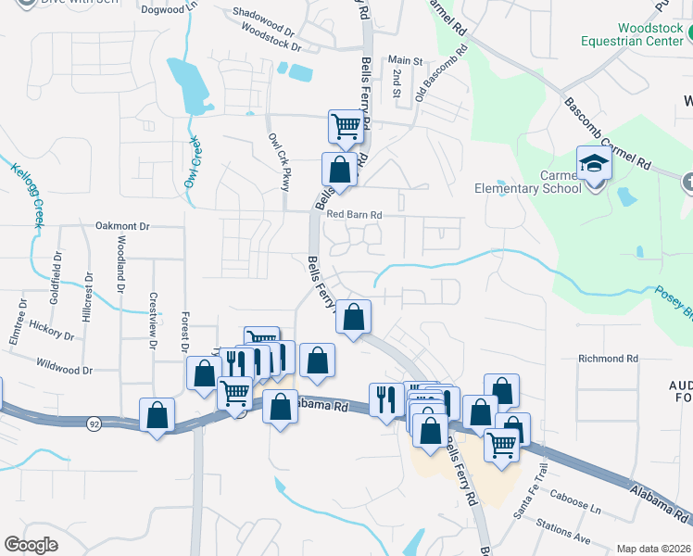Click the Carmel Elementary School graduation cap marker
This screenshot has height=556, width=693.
point(593,165)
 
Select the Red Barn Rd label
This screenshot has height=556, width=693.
point(354,215)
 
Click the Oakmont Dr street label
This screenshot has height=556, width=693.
point(122,226)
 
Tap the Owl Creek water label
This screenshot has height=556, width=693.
point(194,161)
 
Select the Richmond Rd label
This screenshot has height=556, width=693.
point(608,359)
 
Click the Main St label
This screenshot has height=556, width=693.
point(405,61)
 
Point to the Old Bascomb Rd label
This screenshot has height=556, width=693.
point(436,77)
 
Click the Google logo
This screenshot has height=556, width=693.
point(31,544)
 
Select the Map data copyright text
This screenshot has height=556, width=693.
point(652,549)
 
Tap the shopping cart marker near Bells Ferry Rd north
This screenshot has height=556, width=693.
point(346,126)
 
